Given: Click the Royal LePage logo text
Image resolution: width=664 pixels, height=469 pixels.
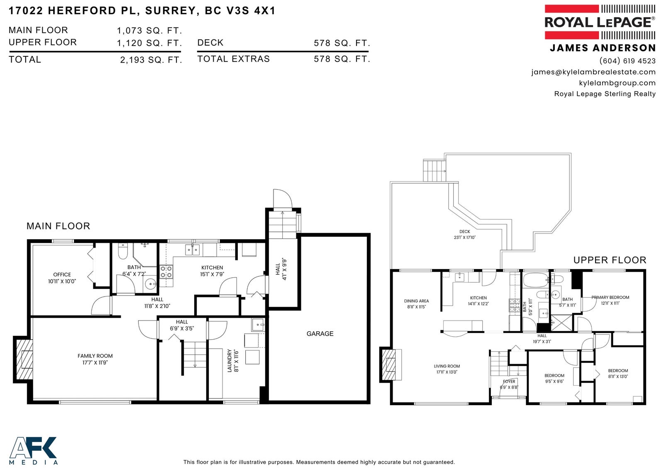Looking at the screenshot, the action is point(600,22).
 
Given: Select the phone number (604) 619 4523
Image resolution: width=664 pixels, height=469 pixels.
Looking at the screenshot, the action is point(627,61).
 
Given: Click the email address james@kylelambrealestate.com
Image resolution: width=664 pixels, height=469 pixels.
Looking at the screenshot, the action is point(593,72).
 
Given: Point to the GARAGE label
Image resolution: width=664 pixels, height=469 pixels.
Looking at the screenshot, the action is point(320,333).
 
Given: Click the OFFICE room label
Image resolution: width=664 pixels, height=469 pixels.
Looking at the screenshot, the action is point(62,275).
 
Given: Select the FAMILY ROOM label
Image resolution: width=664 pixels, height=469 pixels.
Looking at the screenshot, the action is point(95,356).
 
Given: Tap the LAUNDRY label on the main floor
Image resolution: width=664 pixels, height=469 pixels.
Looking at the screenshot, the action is point(229,361).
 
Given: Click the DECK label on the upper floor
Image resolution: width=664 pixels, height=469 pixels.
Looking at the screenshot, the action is point(464,231).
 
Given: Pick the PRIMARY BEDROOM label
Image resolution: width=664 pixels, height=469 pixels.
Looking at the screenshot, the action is point(610,297).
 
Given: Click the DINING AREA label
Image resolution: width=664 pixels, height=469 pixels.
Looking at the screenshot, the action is point(416,301).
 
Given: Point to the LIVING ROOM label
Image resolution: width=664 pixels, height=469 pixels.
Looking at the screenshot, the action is point(447,366).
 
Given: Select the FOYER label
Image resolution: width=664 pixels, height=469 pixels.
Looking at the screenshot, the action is point(509,382).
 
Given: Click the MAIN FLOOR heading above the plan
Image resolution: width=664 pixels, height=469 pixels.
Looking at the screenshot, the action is point(58,226).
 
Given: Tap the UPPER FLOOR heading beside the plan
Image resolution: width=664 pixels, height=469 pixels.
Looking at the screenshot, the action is point(610,260).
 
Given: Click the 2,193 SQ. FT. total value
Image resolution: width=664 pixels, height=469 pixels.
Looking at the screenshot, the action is point(151,60).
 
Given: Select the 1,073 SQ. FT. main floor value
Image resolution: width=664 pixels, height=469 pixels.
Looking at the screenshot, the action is point(149,31).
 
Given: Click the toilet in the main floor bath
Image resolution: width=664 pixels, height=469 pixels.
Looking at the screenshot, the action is point(122,251).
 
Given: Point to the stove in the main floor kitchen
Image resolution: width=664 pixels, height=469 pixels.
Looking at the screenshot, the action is point(166,272).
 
